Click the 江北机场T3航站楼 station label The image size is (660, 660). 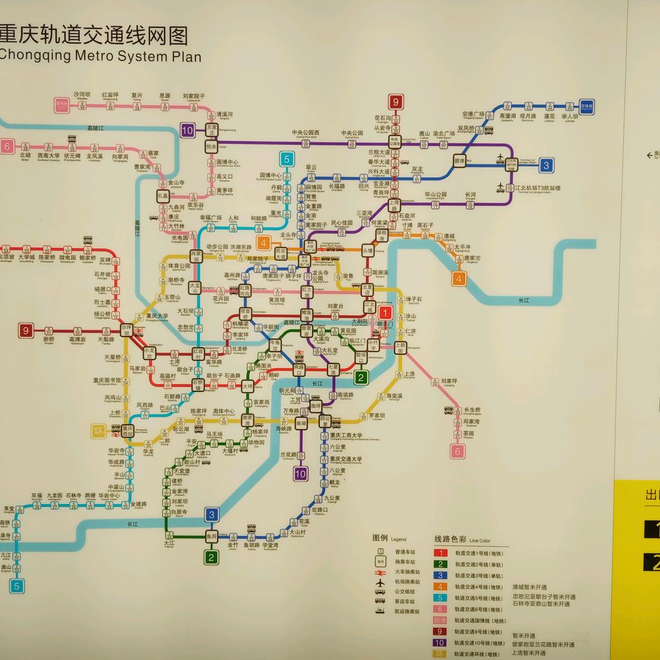(x=538, y=188)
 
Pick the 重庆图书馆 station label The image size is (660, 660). (x=107, y=381)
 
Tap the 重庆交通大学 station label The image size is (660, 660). (x=346, y=460)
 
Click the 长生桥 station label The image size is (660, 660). (x=472, y=410)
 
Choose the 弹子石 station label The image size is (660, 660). (x=414, y=299)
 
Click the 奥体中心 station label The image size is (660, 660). (x=224, y=411)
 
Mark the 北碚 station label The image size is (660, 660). (x=25, y=156)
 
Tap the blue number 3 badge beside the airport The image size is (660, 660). (x=546, y=164)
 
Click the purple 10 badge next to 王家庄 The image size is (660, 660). (x=188, y=130)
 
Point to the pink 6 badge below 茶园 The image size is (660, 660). (x=457, y=452)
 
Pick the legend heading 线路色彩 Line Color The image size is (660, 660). (x=462, y=540)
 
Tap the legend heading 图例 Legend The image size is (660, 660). (x=389, y=538)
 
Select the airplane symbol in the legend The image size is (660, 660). (x=381, y=582)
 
